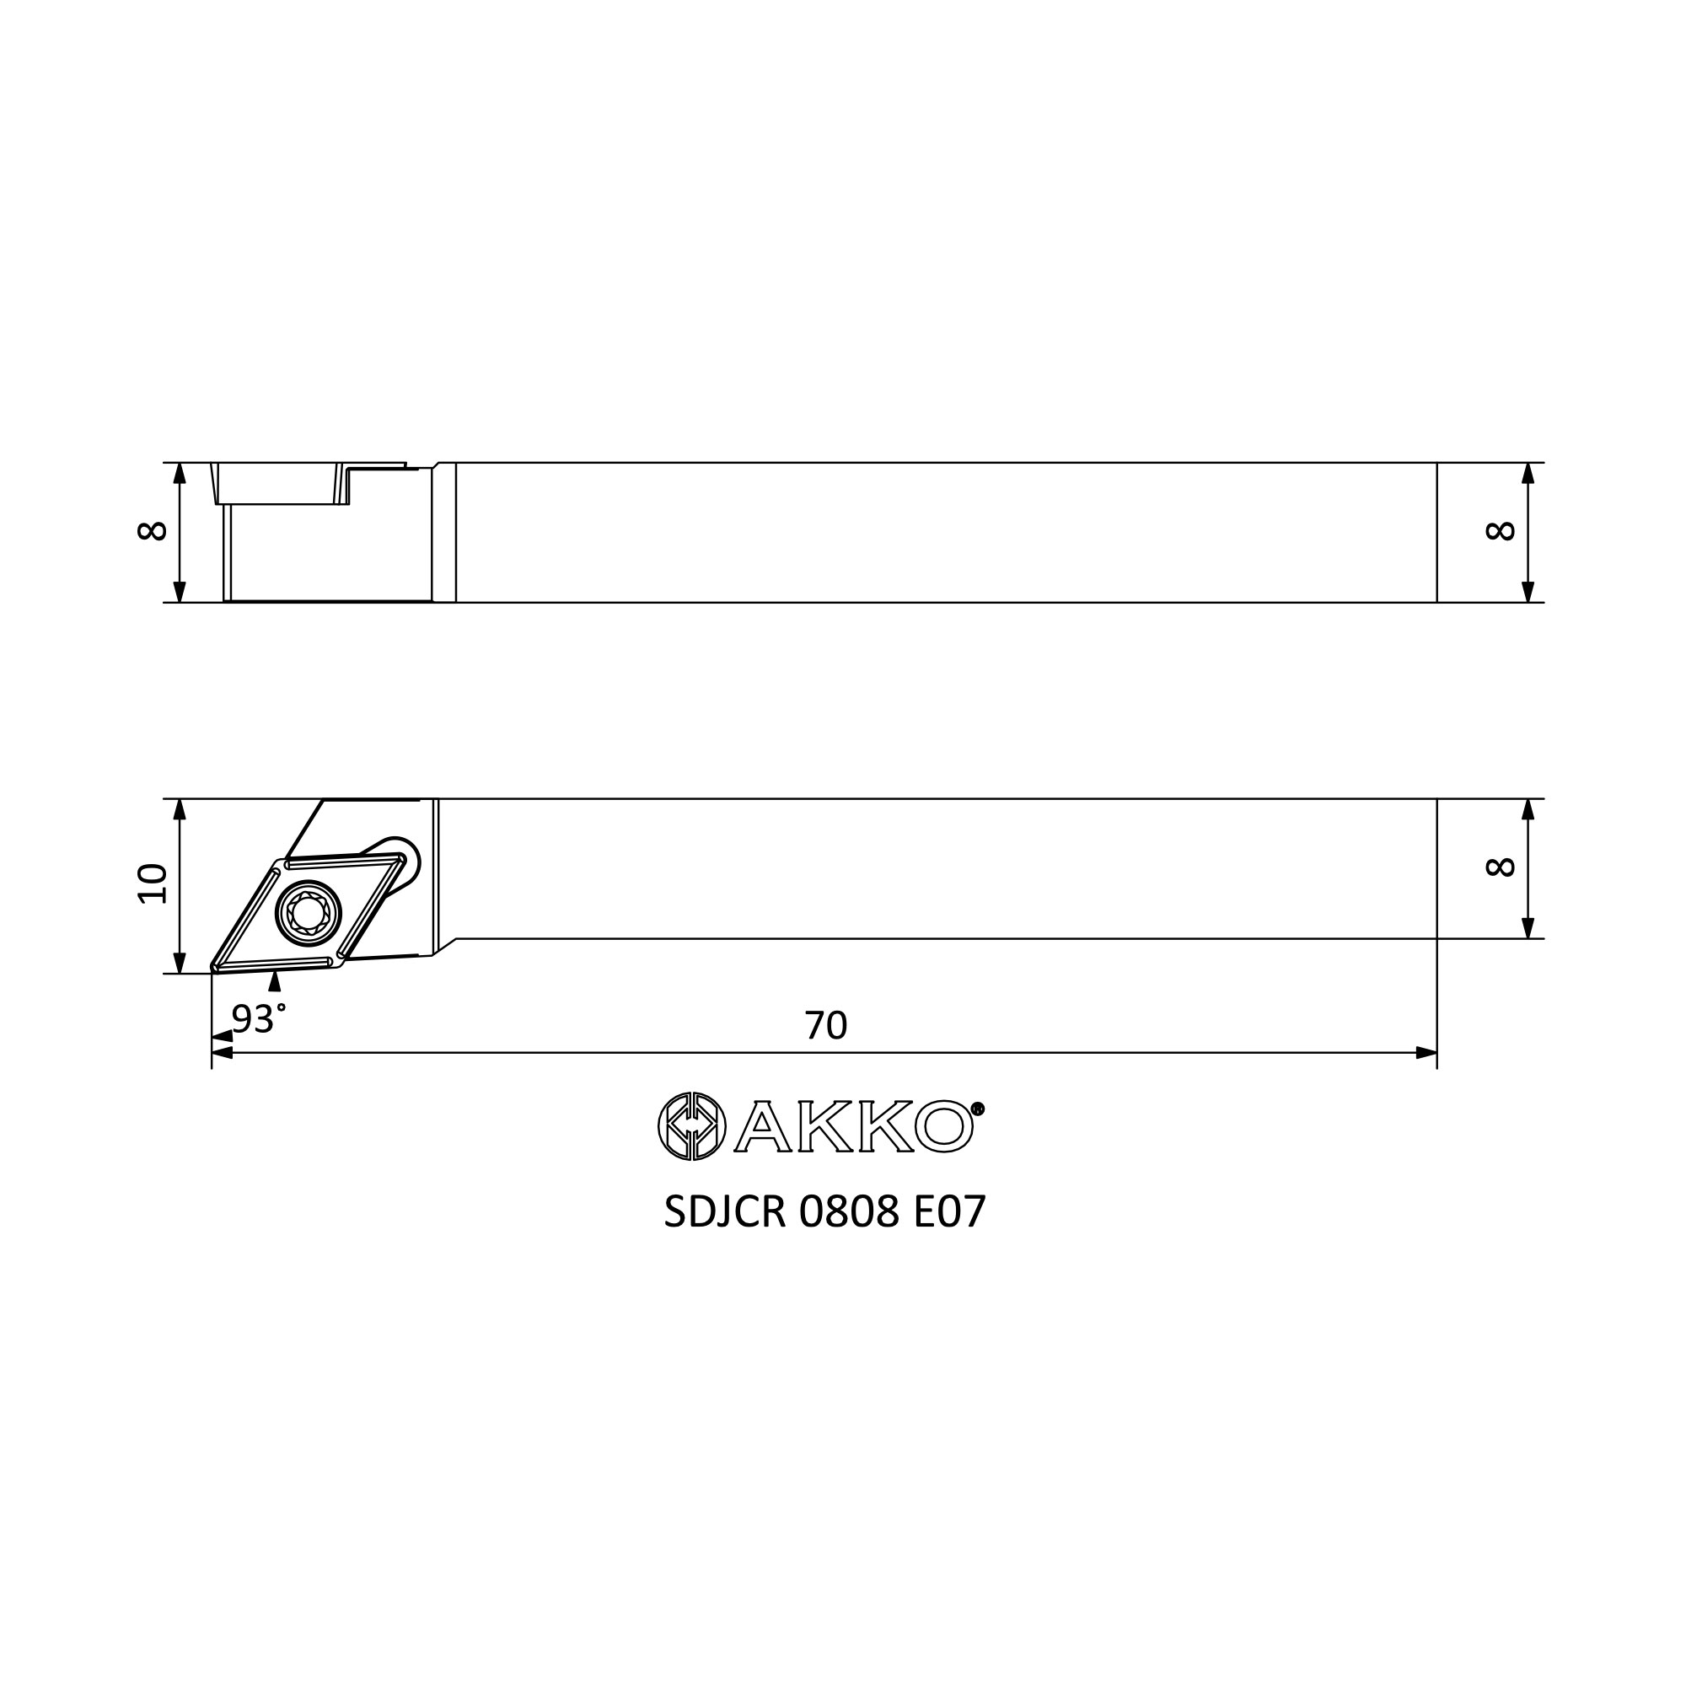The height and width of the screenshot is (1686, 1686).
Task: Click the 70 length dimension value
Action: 825,1025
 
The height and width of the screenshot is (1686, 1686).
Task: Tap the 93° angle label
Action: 258,1018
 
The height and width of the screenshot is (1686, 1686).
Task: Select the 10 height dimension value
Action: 153,884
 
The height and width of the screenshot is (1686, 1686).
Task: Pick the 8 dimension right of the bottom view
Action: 1501,867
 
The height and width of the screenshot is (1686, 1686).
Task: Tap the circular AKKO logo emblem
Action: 691,1126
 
